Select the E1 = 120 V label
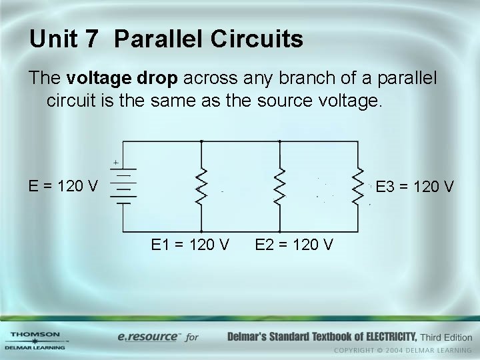pyautogui.click(x=191, y=245)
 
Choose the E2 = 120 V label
pyautogui.click(x=295, y=245)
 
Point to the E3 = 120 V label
pyautogui.click(x=415, y=186)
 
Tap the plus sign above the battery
pyautogui.click(x=115, y=162)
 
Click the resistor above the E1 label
pyautogui.click(x=201, y=187)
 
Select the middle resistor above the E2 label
pyautogui.click(x=280, y=187)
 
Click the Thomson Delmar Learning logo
pyautogui.click(x=35, y=340)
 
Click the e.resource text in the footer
pyautogui.click(x=147, y=337)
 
